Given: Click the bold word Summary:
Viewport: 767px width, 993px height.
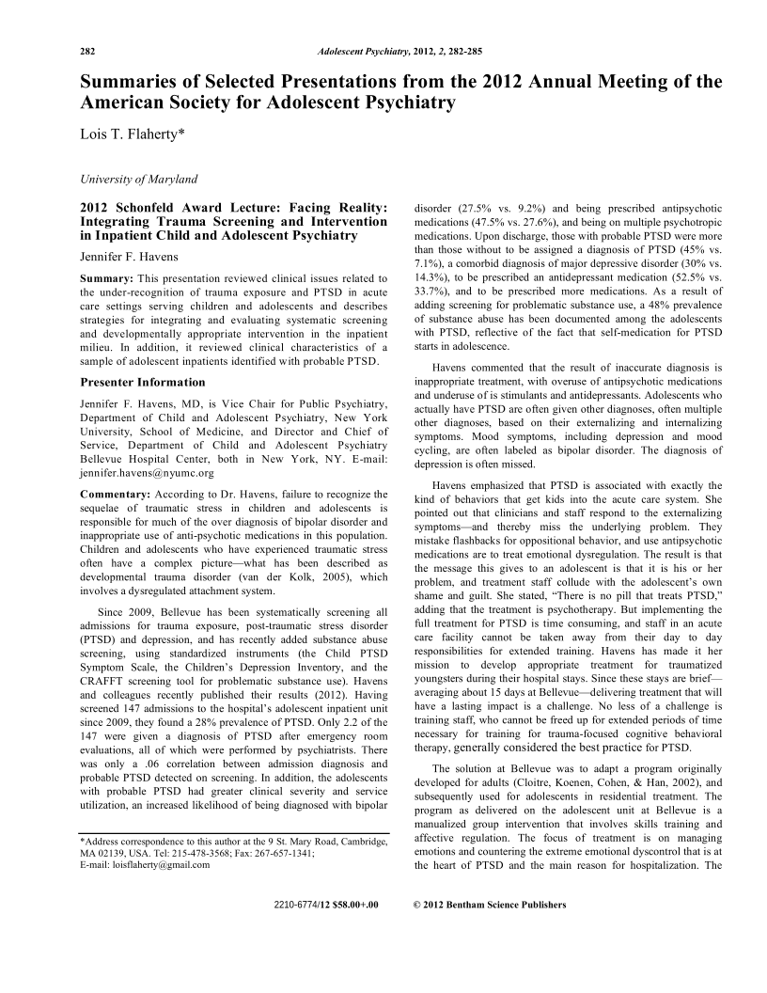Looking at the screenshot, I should (107, 279).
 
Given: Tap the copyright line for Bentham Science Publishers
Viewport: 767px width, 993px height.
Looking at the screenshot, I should (490, 905).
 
